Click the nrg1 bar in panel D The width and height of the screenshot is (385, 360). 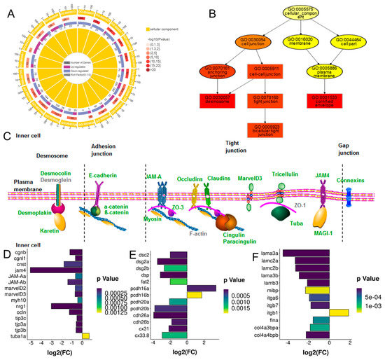coord(67,306)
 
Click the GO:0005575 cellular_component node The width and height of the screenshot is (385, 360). coord(267,15)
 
